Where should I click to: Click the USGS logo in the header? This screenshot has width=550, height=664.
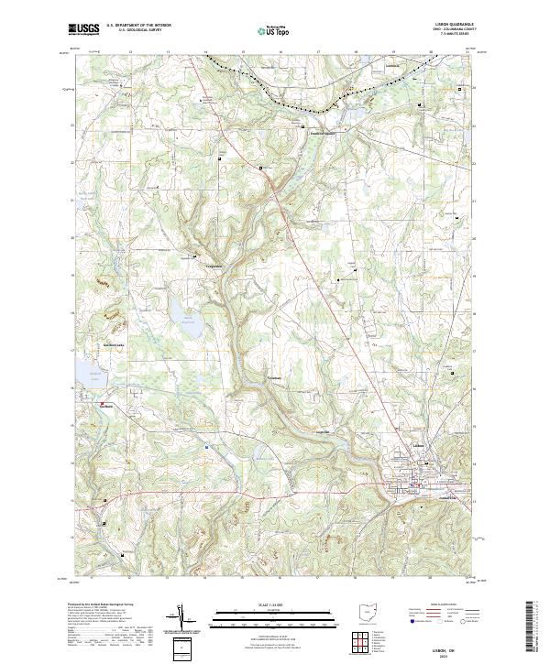[x=85, y=30]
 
